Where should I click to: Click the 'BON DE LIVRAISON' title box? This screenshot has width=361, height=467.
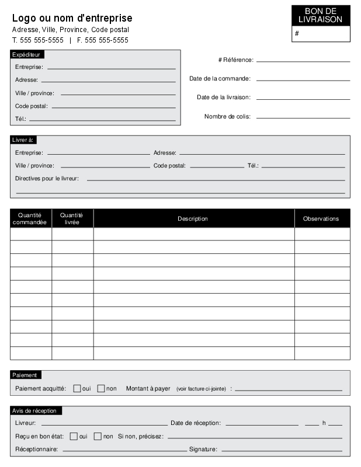point(321,16)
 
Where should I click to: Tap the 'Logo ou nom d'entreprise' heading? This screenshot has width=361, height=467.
point(72,19)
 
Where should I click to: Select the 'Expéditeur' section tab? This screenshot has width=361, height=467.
point(26,54)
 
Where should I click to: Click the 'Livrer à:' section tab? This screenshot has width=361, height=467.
point(23,140)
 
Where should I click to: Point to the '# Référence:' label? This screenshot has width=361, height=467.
point(235,60)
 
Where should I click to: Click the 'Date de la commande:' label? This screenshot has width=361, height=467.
point(220,79)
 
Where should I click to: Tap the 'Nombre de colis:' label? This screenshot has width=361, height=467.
point(227,117)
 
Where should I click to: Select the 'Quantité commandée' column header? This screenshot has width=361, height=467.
point(30,219)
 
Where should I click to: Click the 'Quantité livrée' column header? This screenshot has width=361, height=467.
point(72,219)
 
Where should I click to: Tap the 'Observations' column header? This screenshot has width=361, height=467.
point(321,219)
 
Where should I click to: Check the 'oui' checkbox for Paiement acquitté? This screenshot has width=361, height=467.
point(77,389)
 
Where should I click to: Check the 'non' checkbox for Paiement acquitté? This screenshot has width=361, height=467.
point(101,389)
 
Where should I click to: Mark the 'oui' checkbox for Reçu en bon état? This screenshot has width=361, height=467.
point(74,436)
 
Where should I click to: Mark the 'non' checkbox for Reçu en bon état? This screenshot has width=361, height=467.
point(98,436)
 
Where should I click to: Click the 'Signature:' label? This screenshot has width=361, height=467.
point(203,449)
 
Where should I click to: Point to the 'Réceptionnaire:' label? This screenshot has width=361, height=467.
point(36,449)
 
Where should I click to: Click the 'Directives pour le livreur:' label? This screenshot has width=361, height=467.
point(47,179)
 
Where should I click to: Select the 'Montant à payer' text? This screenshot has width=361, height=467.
point(148,389)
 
